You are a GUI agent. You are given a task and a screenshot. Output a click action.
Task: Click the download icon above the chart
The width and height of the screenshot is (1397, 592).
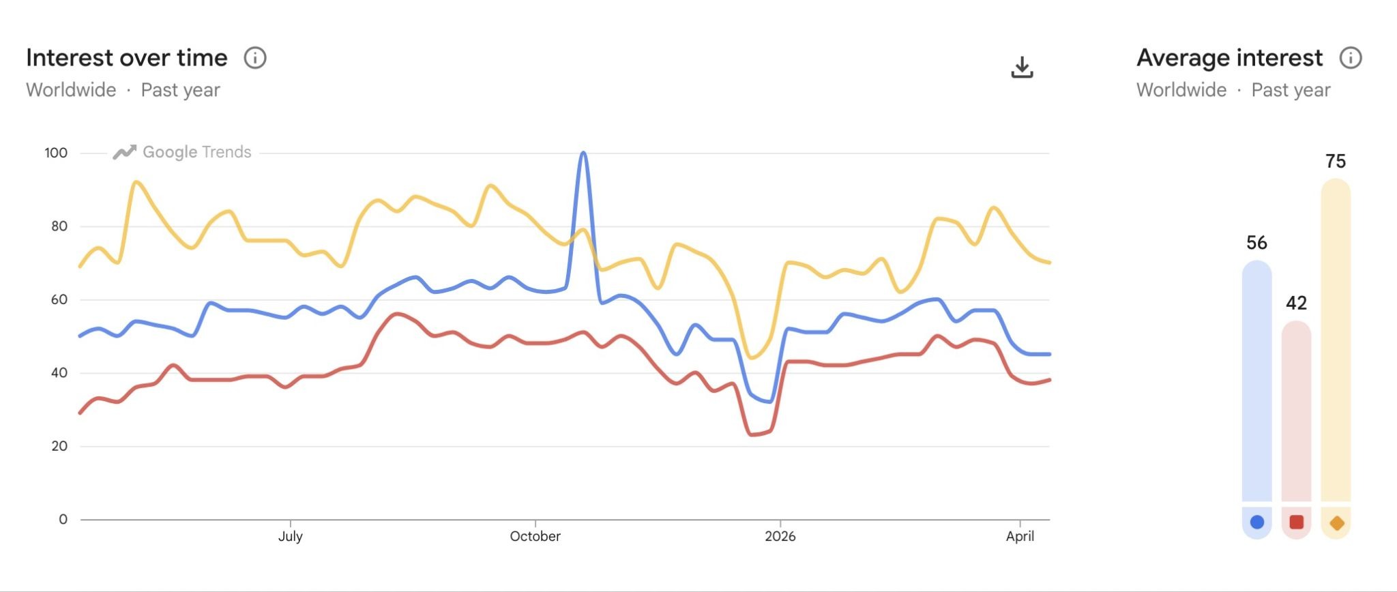(x=1022, y=67)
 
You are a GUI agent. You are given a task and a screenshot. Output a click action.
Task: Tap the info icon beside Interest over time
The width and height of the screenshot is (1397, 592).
(x=255, y=58)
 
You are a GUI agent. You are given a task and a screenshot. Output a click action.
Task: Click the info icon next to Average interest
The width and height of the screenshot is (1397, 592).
(x=1351, y=58)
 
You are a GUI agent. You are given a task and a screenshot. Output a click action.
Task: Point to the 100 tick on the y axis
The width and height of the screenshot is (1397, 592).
(x=56, y=153)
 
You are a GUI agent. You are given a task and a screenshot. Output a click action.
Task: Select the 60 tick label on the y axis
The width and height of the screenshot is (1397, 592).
(x=59, y=299)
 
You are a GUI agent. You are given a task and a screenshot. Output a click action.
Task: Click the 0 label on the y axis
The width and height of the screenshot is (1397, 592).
(x=63, y=519)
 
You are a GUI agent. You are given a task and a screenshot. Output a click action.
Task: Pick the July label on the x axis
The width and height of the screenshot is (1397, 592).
(x=291, y=536)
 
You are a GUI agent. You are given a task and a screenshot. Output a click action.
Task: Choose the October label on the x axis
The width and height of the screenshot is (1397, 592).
(x=535, y=536)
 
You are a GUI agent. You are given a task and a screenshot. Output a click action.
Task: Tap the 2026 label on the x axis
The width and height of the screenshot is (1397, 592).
(x=780, y=536)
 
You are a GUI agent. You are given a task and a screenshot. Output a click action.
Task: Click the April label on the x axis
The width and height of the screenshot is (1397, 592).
(x=1020, y=536)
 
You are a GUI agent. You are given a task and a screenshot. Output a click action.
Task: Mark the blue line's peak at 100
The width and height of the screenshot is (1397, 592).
(x=583, y=153)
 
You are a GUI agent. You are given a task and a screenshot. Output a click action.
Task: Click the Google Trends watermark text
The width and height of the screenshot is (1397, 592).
(x=196, y=152)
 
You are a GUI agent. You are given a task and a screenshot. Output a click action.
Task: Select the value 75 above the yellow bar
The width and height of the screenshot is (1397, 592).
(x=1336, y=162)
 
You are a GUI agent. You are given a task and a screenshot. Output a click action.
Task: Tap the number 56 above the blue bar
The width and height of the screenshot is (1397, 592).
(x=1256, y=243)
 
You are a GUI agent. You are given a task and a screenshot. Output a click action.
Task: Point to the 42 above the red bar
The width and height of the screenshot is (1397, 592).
(x=1296, y=303)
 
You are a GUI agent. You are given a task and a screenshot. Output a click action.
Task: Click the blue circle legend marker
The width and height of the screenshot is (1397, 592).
(x=1257, y=522)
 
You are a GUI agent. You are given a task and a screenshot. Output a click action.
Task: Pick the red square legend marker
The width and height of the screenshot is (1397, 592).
(x=1297, y=522)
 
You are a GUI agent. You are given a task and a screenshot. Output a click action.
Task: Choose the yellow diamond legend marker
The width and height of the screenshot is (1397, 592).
(x=1336, y=523)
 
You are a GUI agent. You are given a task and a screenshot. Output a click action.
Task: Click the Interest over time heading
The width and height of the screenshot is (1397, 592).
(x=127, y=58)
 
